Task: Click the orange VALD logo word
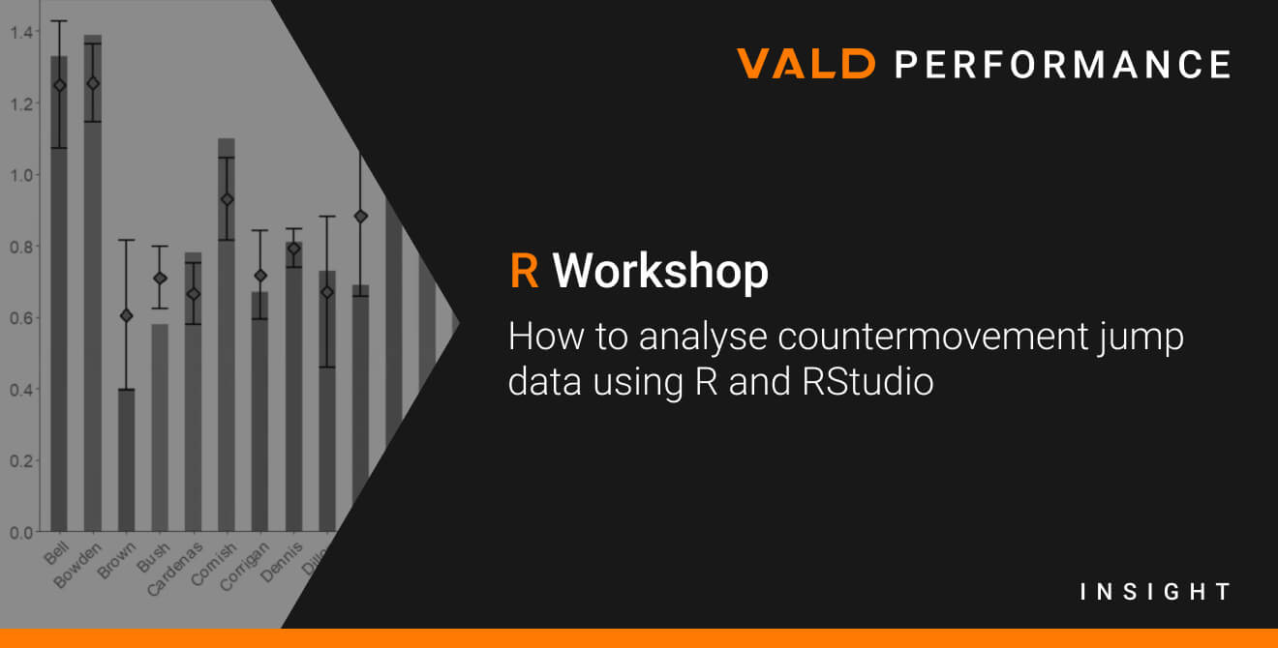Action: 806,63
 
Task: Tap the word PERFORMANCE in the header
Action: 1063,64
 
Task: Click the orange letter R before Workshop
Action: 525,271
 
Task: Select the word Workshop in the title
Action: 660,271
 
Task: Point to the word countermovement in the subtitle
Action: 932,337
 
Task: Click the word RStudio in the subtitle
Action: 867,381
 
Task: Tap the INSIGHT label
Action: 1156,592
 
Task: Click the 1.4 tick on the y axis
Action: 21,32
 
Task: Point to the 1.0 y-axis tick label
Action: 21,175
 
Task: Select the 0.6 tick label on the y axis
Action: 21,318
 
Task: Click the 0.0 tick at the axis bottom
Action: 21,533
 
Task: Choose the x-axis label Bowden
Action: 77,565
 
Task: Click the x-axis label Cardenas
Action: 174,569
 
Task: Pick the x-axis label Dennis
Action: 282,563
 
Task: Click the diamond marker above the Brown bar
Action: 127,315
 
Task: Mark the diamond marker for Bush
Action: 160,279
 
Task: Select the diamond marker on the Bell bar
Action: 59,85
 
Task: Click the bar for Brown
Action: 126,460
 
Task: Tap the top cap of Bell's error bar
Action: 59,21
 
